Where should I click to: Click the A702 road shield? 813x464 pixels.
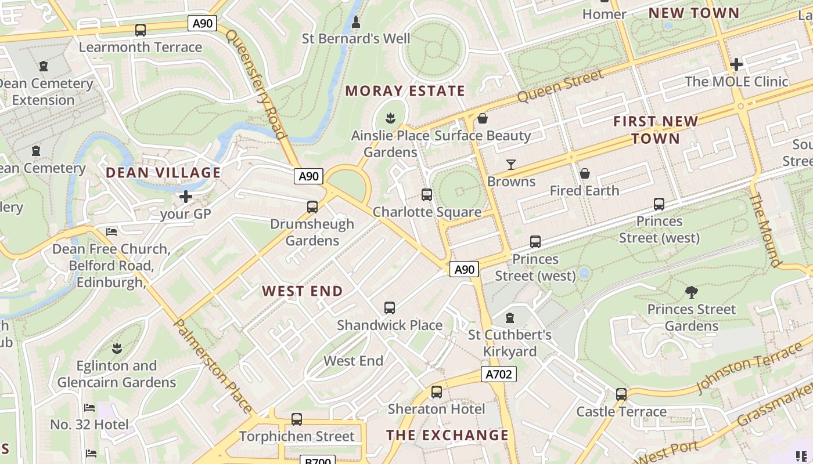tap(499, 374)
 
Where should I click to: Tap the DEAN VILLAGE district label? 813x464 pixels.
tap(163, 172)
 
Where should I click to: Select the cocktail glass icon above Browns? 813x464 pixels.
tap(511, 165)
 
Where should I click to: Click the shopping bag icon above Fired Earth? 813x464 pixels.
tap(585, 173)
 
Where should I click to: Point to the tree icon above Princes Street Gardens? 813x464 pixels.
tap(691, 292)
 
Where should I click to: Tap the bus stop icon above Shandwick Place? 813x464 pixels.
tap(390, 308)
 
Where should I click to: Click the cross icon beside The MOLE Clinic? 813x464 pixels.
tap(736, 64)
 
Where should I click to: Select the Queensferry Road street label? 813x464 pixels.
tap(256, 84)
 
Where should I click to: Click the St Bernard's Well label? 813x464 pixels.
tap(356, 39)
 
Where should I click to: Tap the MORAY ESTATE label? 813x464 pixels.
tap(405, 91)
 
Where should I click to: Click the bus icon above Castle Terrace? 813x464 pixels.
tap(621, 394)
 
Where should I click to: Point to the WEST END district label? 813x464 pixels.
tap(303, 291)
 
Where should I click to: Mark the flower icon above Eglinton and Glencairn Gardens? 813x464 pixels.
tap(117, 349)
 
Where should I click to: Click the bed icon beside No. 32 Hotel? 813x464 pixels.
tap(89, 408)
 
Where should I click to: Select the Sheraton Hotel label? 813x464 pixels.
tap(436, 409)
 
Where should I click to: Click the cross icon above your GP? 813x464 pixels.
tap(186, 197)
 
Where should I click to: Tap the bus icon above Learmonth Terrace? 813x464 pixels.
tap(140, 30)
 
